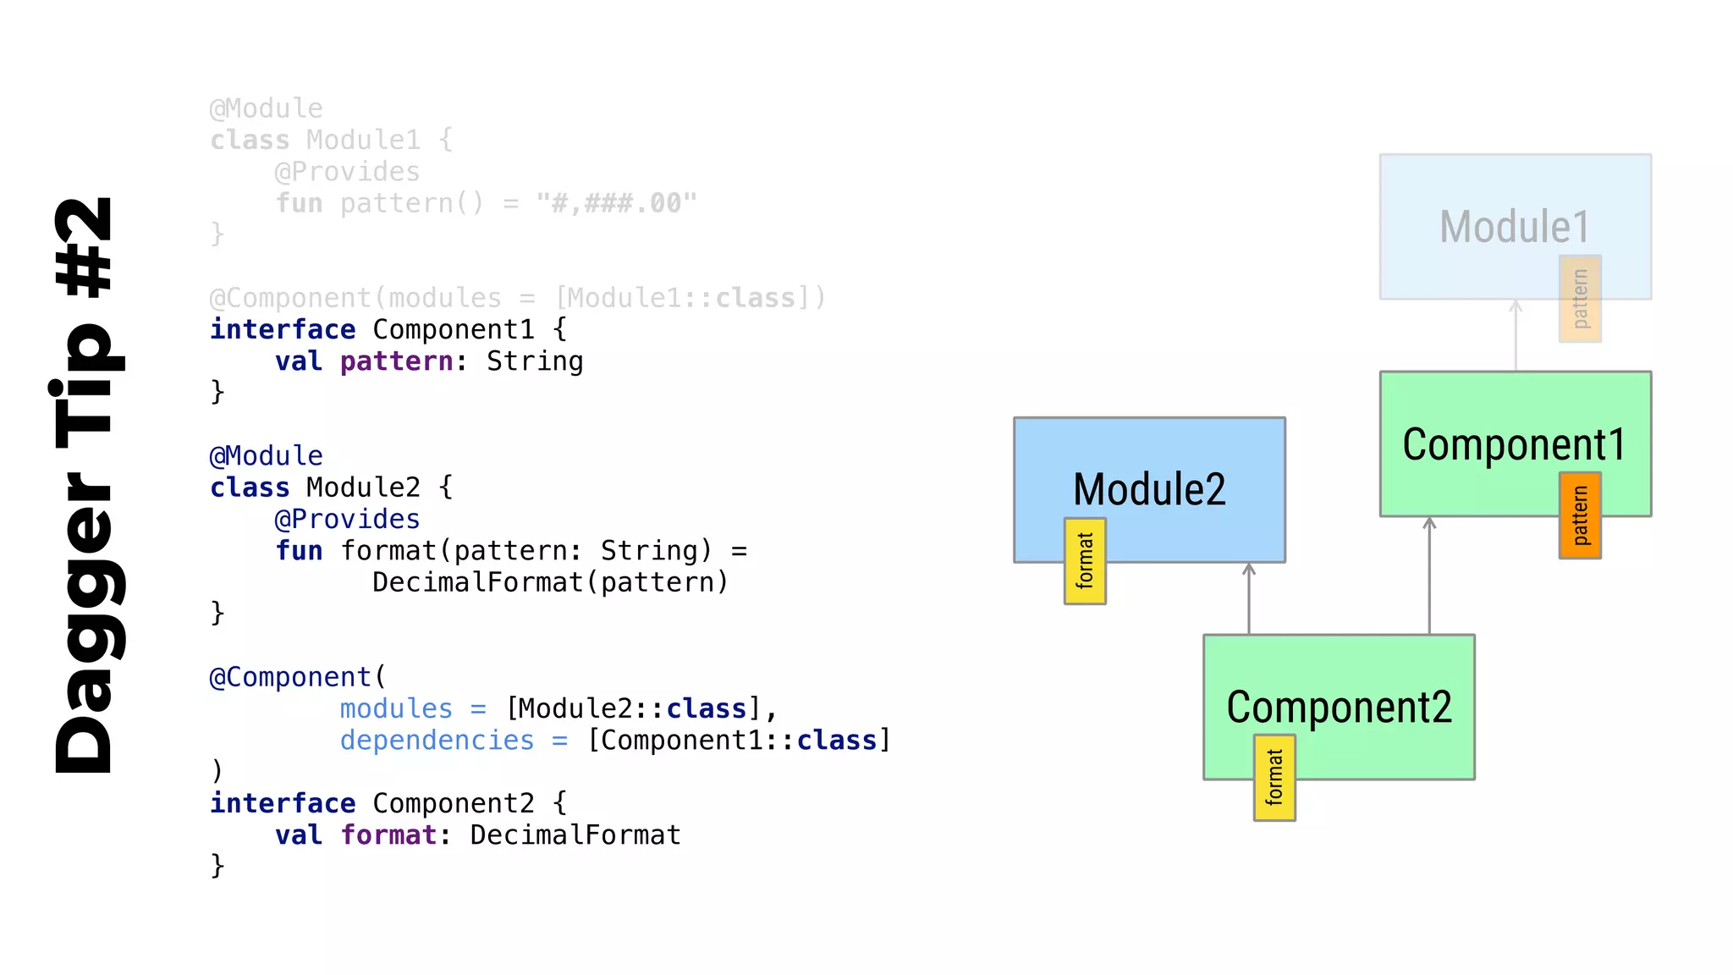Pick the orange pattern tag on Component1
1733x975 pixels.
[1580, 515]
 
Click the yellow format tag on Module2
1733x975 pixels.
[1085, 560]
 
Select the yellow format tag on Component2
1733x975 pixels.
[1274, 777]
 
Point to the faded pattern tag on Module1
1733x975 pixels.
[1580, 299]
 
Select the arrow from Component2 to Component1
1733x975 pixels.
[1429, 576]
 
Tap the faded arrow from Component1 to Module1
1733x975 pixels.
[1516, 335]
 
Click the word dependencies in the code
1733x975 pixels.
[437, 741]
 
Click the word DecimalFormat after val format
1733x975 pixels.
[575, 835]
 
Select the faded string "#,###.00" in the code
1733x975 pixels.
[616, 203]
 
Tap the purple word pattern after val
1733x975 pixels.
[397, 361]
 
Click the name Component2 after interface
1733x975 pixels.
[454, 803]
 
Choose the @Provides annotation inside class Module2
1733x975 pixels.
[347, 519]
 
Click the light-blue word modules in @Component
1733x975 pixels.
[396, 708]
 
